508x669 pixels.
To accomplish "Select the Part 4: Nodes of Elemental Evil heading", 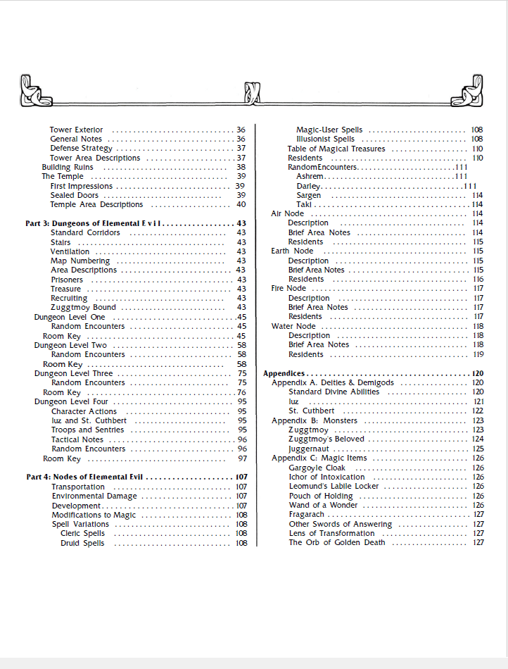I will [x=85, y=477].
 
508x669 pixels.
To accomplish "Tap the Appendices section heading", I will [x=284, y=373].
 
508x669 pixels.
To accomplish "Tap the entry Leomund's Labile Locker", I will [x=334, y=486].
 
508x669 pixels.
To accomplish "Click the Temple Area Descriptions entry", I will [x=96, y=204].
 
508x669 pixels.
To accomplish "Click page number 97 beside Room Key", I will [x=241, y=458].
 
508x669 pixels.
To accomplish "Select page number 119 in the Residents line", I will [x=478, y=354].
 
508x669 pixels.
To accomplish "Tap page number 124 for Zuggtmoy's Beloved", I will [x=478, y=439].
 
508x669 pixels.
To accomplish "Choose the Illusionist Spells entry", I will [x=325, y=139].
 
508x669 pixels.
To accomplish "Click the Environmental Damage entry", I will [x=94, y=496].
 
